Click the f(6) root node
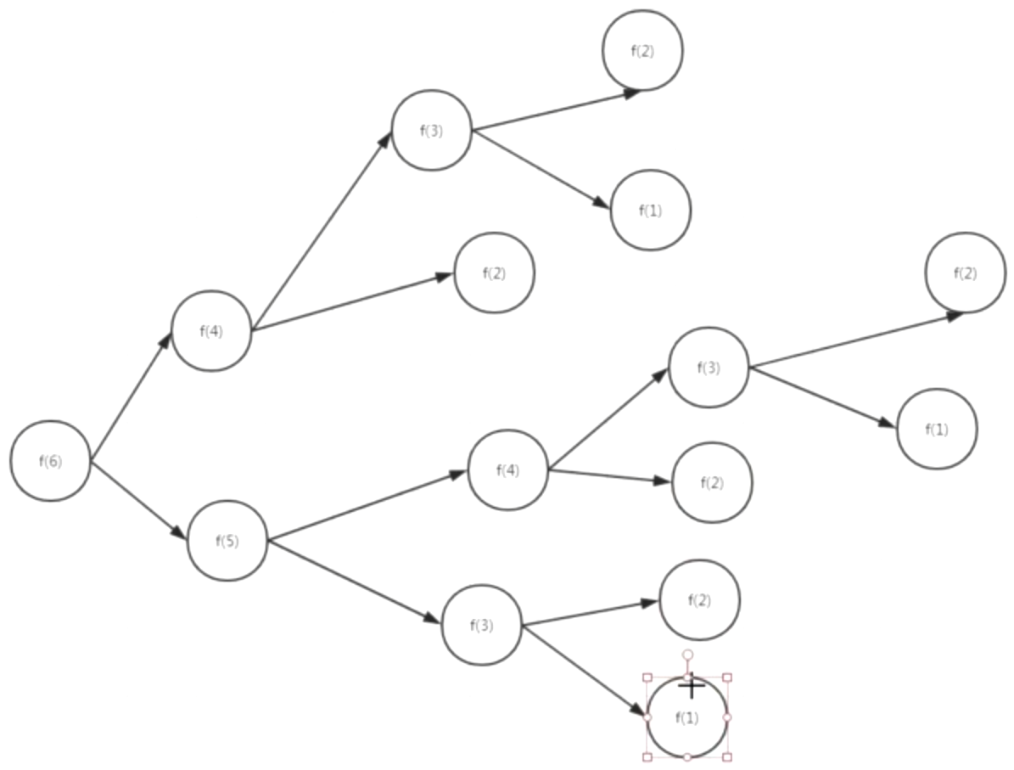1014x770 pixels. (50, 461)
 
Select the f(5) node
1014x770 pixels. (227, 541)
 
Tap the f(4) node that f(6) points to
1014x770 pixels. (211, 331)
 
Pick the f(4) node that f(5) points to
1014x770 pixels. (507, 470)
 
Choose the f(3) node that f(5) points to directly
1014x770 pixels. (481, 626)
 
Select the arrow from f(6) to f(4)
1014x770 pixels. (131, 397)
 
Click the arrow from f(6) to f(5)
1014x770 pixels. (137, 500)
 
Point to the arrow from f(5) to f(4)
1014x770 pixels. (367, 506)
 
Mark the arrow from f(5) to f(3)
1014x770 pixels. (355, 582)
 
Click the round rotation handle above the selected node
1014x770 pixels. (687, 655)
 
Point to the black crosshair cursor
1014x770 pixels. (692, 685)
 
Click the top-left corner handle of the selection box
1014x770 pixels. (647, 677)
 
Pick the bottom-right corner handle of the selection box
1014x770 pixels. (727, 756)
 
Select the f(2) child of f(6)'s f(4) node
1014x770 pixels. (494, 273)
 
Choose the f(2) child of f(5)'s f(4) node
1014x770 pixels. (712, 483)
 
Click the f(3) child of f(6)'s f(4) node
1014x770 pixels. (431, 131)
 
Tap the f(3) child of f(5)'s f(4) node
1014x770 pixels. (709, 368)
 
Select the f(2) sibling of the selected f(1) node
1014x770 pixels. (699, 600)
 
